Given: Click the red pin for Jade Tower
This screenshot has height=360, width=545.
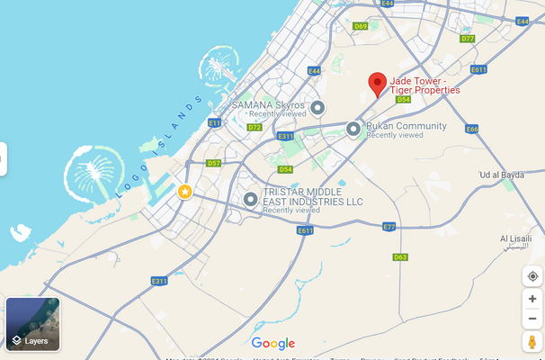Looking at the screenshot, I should pos(379,84).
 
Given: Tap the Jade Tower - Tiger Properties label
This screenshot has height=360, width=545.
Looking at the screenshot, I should pos(424,85).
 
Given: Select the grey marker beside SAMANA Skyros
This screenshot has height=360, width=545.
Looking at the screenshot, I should pos(317,108).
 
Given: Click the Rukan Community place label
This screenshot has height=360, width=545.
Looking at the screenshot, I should pos(407,126).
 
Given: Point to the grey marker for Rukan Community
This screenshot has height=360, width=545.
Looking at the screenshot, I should pos(353,129).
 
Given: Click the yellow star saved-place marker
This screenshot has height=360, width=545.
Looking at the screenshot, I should pos(184,192).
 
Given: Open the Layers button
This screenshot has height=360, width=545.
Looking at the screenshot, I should pos(32,325).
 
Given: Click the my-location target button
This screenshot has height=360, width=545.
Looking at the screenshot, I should pos(532,276).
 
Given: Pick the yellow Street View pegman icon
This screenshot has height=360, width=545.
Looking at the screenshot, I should pos(532,342).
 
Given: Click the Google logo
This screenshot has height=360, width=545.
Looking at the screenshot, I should pos(273,343).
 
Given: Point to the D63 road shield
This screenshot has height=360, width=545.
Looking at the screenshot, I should pos(401,257).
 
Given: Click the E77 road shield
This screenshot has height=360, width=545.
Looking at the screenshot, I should pos(389,227).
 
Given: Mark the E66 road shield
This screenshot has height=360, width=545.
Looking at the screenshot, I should pos(472,129).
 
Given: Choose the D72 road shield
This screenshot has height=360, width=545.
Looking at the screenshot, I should pos(255,128).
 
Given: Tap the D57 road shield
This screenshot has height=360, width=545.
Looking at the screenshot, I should pos(213,163).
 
